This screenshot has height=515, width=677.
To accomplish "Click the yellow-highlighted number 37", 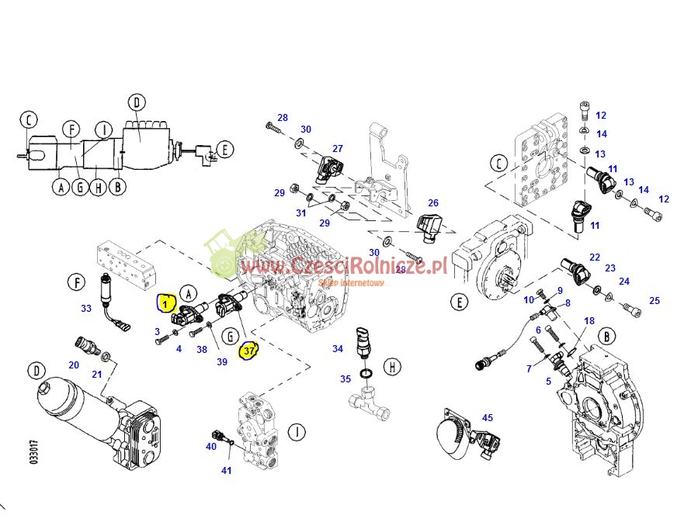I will click(248, 351).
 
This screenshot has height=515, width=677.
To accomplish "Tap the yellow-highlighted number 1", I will click(165, 302).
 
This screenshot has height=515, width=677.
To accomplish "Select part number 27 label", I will click(338, 148).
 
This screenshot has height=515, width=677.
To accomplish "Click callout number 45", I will click(487, 418).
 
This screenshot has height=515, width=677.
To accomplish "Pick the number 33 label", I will click(85, 308).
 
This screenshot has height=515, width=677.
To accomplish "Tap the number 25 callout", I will click(654, 300).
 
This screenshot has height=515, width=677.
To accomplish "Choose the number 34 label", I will click(337, 349).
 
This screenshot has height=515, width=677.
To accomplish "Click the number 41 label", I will click(226, 470).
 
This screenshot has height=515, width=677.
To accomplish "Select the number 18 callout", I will click(588, 321).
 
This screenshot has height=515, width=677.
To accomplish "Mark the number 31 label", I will click(300, 213).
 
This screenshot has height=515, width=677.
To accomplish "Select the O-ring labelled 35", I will click(370, 376).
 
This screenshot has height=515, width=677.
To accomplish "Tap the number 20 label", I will click(74, 365).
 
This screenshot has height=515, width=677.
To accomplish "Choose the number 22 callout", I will click(594, 257).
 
